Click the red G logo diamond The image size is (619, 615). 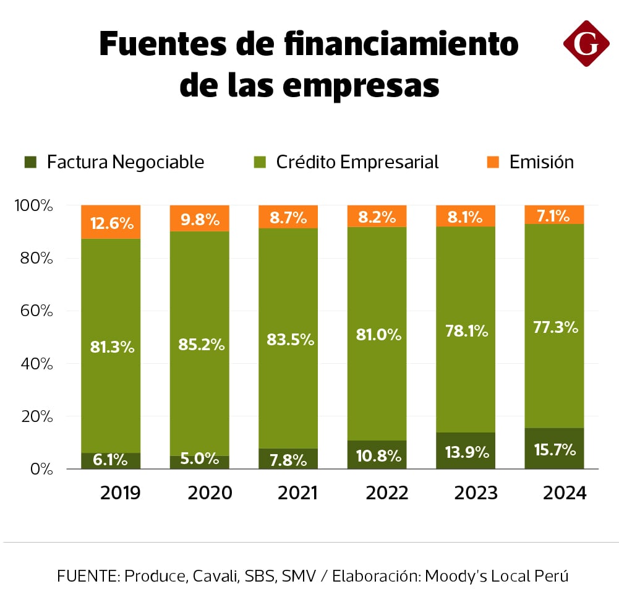click(x=586, y=43)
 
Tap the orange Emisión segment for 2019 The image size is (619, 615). click(x=111, y=221)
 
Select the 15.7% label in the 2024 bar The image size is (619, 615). click(x=554, y=449)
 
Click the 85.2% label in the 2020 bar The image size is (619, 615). click(x=200, y=344)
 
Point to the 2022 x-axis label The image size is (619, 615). click(x=387, y=493)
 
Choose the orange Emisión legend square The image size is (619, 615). click(x=492, y=162)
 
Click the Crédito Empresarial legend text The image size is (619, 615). click(x=357, y=162)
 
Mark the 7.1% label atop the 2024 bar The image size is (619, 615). click(x=554, y=215)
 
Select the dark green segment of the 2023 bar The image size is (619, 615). click(x=466, y=450)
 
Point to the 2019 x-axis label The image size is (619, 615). click(x=120, y=493)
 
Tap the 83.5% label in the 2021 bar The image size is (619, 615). click(x=288, y=340)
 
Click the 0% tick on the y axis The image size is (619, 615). click(x=40, y=469)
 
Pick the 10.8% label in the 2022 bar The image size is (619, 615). click(x=377, y=457)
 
